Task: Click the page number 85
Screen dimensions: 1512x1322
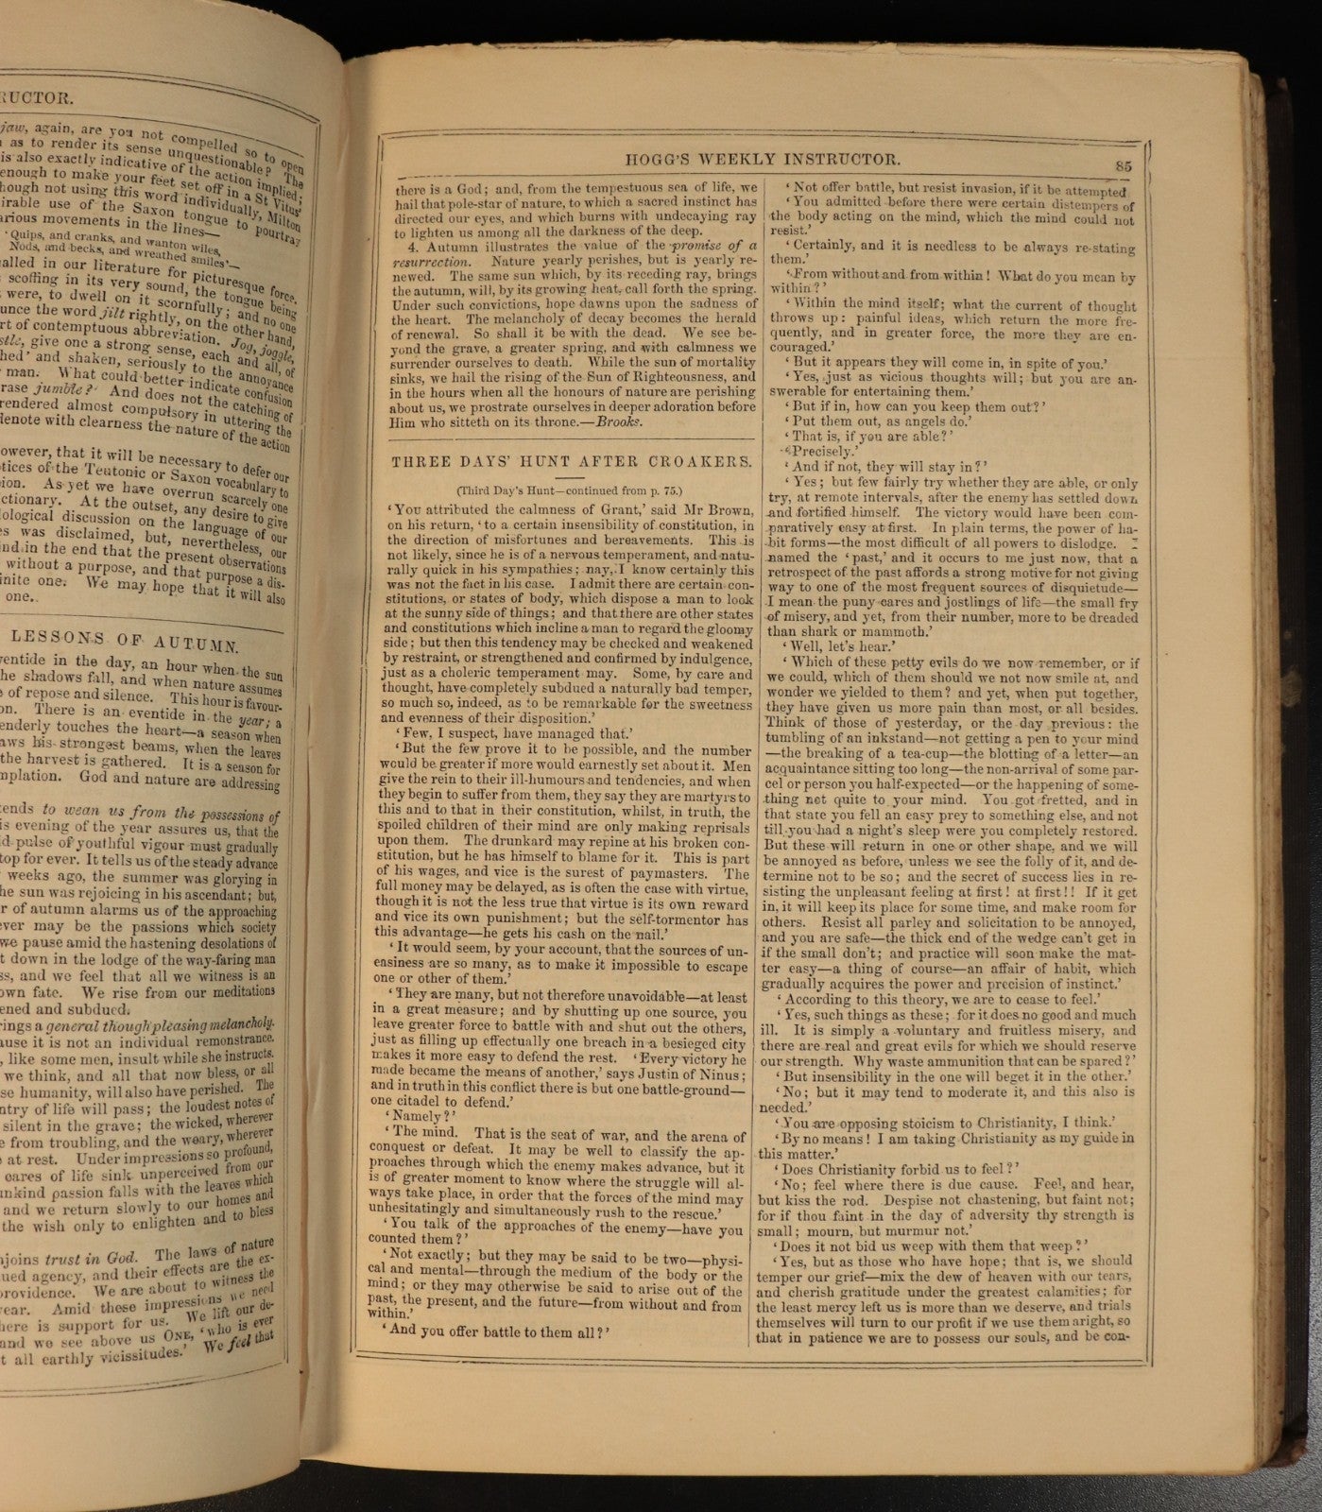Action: coord(1124,164)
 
